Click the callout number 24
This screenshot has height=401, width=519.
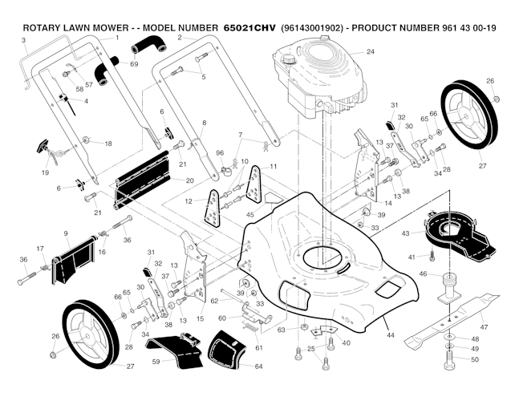coord(370,51)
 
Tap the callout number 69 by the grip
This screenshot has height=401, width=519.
coord(135,63)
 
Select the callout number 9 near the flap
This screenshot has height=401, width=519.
coord(65,233)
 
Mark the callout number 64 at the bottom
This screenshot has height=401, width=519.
coord(258,367)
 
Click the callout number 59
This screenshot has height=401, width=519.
coord(156,362)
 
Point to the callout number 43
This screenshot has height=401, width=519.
coord(407,233)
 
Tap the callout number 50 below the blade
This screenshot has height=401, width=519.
coord(474,360)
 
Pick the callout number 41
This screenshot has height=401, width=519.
coord(412,257)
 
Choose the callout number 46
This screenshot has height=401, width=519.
coord(424,273)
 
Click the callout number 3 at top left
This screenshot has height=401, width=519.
coord(24,39)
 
